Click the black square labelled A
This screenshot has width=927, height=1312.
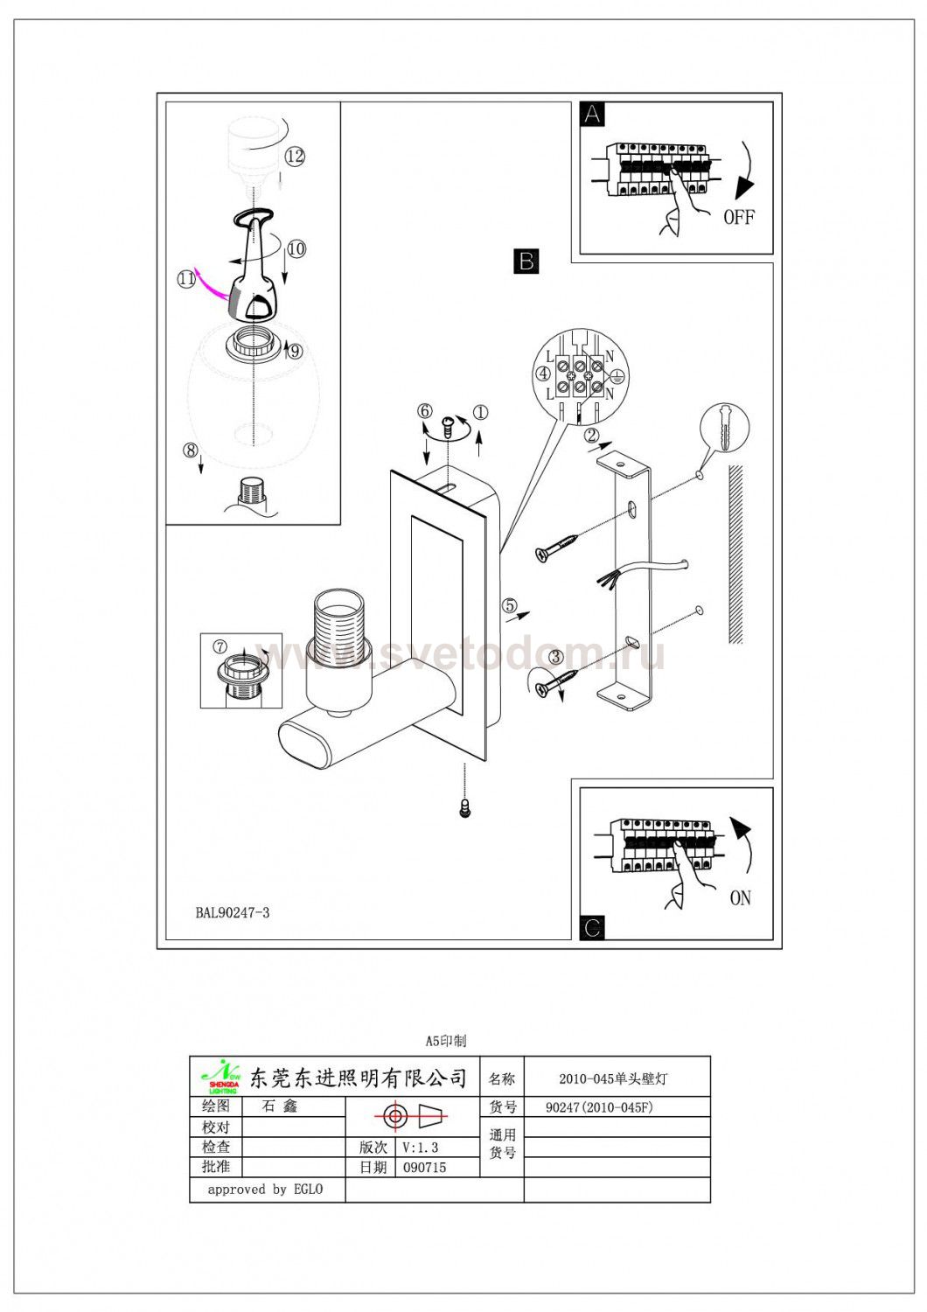point(593,115)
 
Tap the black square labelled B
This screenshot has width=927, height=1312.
point(526,261)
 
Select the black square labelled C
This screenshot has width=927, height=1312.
point(592,927)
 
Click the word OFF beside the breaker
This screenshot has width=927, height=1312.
point(739,217)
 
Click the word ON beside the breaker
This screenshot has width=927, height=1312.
point(740,897)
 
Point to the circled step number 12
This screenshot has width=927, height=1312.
point(295,157)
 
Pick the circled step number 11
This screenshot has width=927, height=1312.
point(185,279)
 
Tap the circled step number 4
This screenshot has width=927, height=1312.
point(544,374)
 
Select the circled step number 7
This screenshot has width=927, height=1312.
point(220,646)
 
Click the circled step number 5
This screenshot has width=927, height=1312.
point(509,604)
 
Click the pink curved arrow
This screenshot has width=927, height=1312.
point(210,283)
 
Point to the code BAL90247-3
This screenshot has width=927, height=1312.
point(233,913)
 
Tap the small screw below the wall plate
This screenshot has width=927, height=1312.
point(464,807)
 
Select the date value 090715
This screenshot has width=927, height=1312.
point(425,1168)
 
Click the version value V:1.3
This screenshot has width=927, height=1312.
point(422,1148)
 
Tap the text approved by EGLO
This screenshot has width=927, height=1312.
point(265,1190)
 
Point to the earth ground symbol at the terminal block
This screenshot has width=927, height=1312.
point(616,375)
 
